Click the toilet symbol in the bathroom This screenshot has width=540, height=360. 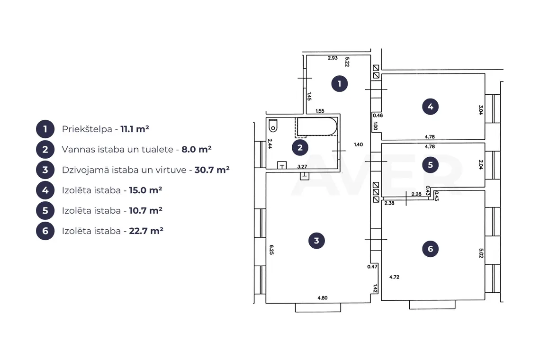click(273, 126)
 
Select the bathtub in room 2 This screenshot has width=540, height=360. click(317, 127)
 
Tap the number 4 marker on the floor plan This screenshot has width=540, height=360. click(430, 107)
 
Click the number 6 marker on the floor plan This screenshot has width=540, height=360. click(430, 249)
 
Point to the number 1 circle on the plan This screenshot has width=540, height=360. click(340, 84)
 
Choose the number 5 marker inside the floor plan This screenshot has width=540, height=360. click(430, 165)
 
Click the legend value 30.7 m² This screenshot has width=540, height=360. click(212, 170)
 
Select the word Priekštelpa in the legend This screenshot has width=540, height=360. click(87, 129)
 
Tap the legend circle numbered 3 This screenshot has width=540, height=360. click(45, 170)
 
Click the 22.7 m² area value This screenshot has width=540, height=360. click(146, 231)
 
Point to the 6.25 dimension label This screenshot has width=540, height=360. click(271, 250)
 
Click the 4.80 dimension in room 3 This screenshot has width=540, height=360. click(323, 298)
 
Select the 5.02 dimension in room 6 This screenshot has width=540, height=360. click(481, 253)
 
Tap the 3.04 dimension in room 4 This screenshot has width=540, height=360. click(481, 110)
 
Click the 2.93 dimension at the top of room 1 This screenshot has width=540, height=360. click(333, 58)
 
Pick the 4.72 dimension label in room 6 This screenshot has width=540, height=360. click(394, 277)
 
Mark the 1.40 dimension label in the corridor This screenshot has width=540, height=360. click(359, 144)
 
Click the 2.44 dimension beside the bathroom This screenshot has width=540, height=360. click(270, 144)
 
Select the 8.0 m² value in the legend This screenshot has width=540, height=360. click(196, 150)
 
